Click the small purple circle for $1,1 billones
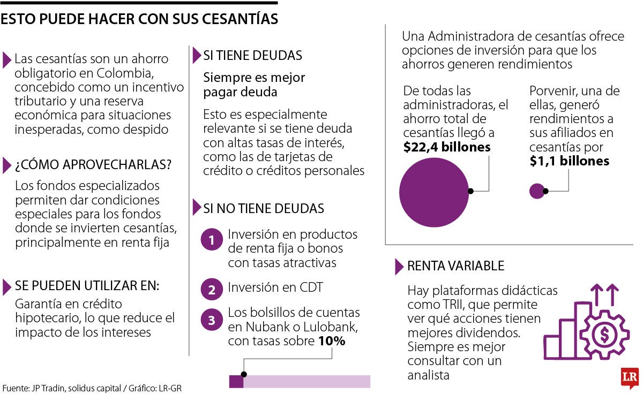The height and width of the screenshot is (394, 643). tap(536, 191)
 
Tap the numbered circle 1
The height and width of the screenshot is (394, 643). tap(212, 241)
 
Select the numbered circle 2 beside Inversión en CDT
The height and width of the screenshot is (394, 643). tap(212, 290)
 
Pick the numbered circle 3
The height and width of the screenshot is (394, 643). tap(212, 320)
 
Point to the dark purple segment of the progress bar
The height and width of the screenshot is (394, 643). tap(236, 381)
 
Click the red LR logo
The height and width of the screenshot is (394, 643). tap(629, 377)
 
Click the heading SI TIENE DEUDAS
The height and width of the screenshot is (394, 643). tap(252, 56)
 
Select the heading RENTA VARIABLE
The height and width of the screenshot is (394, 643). tap(455, 266)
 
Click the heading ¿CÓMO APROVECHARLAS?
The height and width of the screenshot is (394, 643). tap(93, 165)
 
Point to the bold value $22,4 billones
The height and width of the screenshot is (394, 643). tap(447, 147)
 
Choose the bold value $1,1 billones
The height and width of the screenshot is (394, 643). tap(569, 161)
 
